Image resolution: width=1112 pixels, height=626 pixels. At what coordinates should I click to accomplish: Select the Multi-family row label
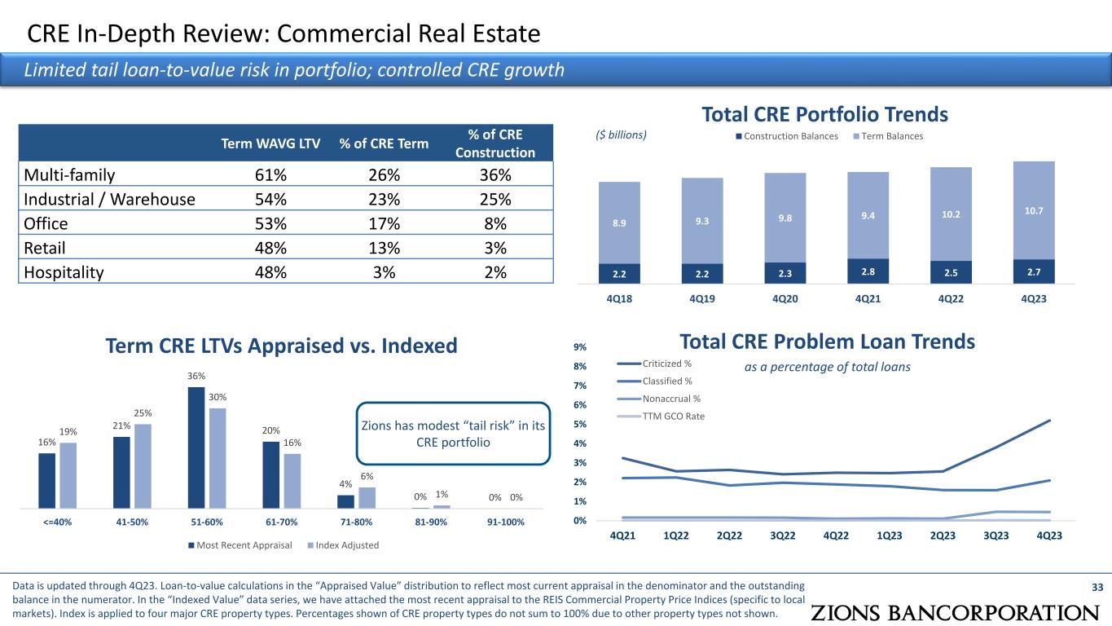point(69,174)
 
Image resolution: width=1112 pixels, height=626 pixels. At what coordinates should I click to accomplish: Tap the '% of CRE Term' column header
point(384,144)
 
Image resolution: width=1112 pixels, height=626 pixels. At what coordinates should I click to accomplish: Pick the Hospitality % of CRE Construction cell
point(494,272)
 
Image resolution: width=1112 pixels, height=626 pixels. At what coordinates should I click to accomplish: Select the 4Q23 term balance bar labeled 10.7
point(1034,210)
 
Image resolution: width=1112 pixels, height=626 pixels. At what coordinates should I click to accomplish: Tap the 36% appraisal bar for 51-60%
point(196,447)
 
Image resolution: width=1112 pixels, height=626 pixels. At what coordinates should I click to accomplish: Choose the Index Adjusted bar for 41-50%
point(143,465)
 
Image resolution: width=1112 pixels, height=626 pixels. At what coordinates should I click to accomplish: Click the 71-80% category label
point(355,522)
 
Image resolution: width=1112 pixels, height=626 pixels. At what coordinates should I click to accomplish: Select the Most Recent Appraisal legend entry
point(240,544)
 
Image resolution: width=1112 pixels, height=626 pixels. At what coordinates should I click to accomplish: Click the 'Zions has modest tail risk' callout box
point(452,434)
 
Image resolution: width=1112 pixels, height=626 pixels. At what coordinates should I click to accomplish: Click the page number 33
point(1097,585)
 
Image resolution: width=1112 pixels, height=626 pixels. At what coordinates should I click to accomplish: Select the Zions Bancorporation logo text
point(955,613)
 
